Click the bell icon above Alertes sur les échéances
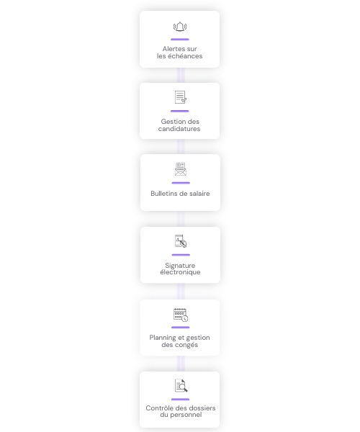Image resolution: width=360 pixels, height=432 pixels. [x=180, y=27]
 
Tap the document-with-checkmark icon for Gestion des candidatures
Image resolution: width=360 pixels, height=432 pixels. [x=181, y=97]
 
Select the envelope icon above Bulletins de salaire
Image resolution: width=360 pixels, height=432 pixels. [x=181, y=169]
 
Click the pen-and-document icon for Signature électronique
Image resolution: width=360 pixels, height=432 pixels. [x=181, y=240]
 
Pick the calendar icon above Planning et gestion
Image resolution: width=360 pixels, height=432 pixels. [x=181, y=315]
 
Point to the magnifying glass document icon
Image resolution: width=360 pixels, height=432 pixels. [x=181, y=386]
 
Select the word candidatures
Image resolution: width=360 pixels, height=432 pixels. [x=179, y=129]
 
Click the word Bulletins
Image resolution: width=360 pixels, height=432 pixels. [x=163, y=194]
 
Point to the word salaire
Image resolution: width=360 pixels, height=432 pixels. [x=199, y=194]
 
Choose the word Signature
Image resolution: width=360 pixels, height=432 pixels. [x=180, y=266]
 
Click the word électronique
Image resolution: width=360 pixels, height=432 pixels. [x=180, y=272]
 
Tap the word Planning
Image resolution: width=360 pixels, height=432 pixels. [x=161, y=338]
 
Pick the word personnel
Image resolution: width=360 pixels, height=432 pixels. [x=186, y=415]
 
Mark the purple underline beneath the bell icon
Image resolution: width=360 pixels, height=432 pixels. [x=180, y=40]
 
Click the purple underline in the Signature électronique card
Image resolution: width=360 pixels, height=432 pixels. [x=181, y=255]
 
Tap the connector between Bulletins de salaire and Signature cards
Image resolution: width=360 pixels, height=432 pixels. [x=181, y=219]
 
